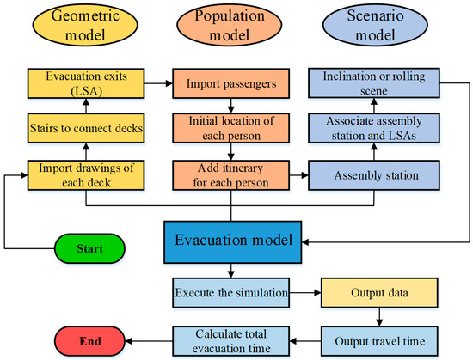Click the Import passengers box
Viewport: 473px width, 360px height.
click(x=231, y=85)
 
